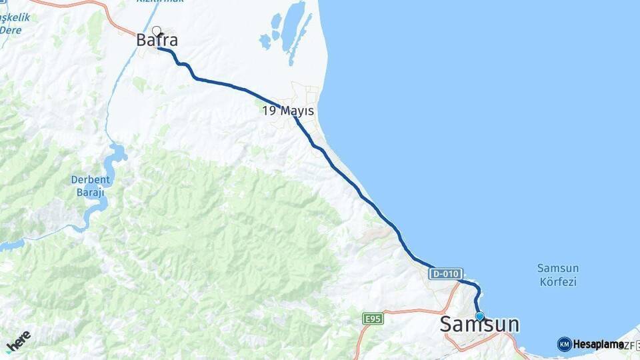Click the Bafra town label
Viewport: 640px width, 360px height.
(x=157, y=41)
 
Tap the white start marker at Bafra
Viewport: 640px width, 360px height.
(x=157, y=30)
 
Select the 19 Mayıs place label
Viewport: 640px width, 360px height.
(x=288, y=111)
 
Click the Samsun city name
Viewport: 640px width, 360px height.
(x=479, y=325)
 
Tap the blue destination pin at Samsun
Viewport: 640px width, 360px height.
(x=479, y=316)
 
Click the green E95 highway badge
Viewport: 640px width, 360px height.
(x=373, y=319)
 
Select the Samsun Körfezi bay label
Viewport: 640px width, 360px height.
(x=558, y=275)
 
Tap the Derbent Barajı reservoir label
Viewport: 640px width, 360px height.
(x=88, y=186)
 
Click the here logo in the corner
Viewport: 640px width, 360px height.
(x=18, y=341)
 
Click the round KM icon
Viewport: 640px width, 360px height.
(x=565, y=344)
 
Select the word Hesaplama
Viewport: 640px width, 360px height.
(x=598, y=344)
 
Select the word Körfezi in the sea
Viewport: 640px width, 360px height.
(x=558, y=282)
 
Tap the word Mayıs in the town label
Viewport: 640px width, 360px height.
(x=297, y=111)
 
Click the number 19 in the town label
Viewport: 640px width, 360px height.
(x=269, y=111)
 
